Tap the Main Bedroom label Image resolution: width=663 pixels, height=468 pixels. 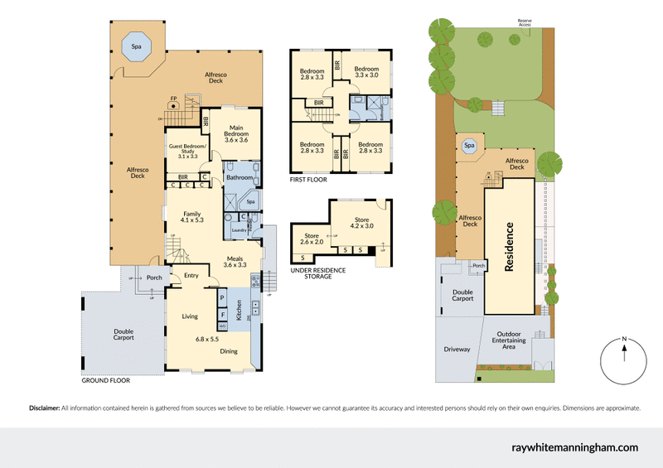tap(236, 133)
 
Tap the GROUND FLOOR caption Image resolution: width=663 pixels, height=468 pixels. tap(107, 383)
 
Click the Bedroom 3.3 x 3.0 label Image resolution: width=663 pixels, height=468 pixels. tap(366, 72)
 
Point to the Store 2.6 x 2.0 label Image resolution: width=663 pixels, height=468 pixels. tap(312, 239)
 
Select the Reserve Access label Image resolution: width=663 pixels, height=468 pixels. tap(525, 22)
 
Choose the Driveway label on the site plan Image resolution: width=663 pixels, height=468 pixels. tap(457, 350)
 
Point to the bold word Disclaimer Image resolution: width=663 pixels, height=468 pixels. tap(44, 408)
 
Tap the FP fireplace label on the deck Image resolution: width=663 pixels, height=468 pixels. tap(173, 99)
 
